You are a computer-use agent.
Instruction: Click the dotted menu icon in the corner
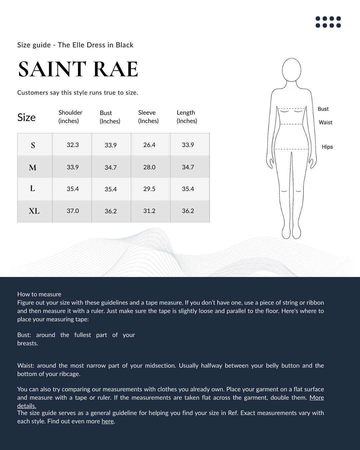tap(328, 22)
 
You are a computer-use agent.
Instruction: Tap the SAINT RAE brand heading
tap(78, 69)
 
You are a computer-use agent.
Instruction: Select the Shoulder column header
tap(70, 117)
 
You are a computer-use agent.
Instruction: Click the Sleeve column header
tap(148, 117)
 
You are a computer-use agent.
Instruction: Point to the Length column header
tap(187, 117)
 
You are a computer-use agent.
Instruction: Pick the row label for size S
tap(33, 145)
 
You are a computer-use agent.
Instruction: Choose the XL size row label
tap(34, 211)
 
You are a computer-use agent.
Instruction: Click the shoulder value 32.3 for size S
tap(73, 145)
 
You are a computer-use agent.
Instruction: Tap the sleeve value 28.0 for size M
tap(149, 167)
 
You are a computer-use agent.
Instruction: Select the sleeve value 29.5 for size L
tap(149, 189)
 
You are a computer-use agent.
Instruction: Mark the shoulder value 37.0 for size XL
tap(73, 211)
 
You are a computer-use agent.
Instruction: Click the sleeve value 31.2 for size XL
tap(149, 211)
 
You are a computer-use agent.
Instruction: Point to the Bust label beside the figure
tap(323, 109)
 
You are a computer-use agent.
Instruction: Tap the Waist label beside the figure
tap(325, 122)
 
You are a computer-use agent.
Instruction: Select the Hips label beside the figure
tap(327, 147)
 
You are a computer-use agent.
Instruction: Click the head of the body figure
tap(292, 70)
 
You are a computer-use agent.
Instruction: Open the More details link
tap(316, 398)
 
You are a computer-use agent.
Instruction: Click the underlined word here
tap(108, 421)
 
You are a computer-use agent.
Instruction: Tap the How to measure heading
tap(39, 294)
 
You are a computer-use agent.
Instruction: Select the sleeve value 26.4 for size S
tap(149, 145)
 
